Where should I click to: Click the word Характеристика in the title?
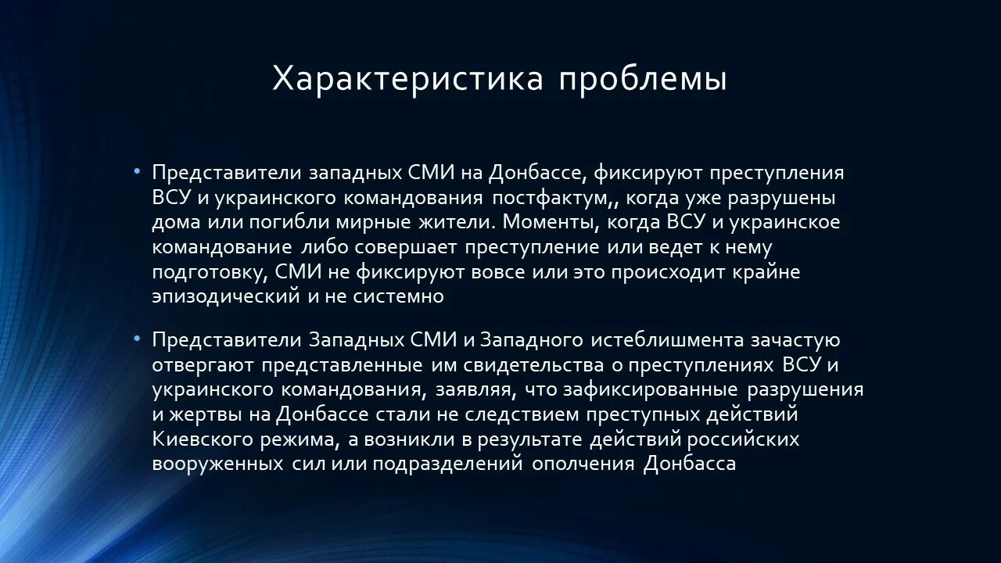point(407,79)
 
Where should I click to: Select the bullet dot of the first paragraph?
point(138,171)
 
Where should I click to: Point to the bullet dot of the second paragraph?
point(138,339)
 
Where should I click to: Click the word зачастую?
point(795,340)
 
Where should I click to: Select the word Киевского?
point(200,439)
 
